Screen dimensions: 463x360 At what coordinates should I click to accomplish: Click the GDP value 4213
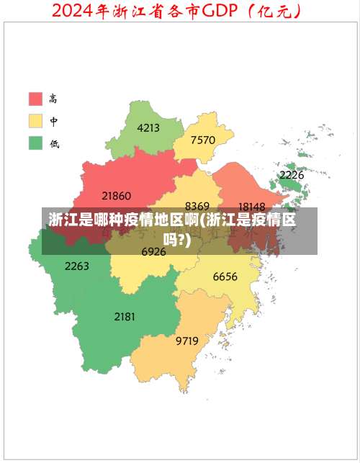[x=148, y=128]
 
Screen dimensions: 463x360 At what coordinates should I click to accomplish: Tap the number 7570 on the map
[x=203, y=140]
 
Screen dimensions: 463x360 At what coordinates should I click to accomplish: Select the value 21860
[x=117, y=195]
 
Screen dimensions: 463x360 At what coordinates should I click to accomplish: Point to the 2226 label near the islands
[x=292, y=175]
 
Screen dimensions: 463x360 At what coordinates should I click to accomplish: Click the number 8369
[x=197, y=206]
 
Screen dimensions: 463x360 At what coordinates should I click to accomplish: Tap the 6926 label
[x=153, y=252]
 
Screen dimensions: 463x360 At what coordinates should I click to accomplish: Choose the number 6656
[x=225, y=277]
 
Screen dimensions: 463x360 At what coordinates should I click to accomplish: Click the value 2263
[x=77, y=266]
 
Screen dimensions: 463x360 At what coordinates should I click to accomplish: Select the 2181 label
[x=125, y=316]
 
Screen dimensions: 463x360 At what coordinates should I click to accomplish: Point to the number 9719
[x=187, y=341]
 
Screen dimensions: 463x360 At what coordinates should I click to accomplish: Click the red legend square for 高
[x=35, y=98]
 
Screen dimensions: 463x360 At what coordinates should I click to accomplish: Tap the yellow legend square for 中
[x=35, y=120]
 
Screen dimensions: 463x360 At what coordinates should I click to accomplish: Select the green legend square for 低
[x=35, y=143]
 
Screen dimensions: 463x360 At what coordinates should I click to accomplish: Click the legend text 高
[x=54, y=98]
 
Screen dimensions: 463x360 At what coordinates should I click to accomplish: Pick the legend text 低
[x=54, y=143]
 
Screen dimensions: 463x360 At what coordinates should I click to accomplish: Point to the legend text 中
[x=54, y=120]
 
